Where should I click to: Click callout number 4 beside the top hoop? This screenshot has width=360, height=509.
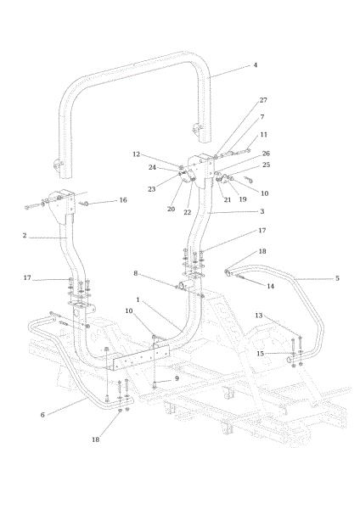coord(255,65)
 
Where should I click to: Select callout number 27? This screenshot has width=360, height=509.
coord(263,100)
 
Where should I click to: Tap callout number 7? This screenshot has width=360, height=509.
coord(262,117)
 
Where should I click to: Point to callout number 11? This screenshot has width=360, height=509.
coord(263,134)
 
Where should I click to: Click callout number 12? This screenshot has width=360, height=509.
coord(136,154)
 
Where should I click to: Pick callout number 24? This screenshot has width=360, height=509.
coord(152,167)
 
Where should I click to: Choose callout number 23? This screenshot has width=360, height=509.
coord(151,189)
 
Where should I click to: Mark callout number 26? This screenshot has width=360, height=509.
coord(266,154)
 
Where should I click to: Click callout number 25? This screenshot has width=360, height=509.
coord(266,165)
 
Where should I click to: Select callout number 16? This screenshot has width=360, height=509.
coord(123,200)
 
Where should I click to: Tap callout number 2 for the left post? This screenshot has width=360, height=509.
coord(25,235)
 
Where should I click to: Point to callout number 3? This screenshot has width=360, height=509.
coord(262,211)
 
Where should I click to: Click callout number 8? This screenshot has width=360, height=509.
coord(136,273)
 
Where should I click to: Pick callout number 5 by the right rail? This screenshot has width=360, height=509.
coord(337,278)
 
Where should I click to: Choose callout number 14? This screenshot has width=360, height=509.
coord(270,286)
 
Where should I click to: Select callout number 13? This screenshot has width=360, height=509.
coord(258,316)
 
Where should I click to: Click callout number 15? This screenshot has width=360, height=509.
coord(260,353)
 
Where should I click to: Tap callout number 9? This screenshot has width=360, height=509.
coord(177,378)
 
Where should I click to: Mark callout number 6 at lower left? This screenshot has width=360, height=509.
coord(42,415)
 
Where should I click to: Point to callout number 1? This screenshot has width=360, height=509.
coord(138,299)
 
